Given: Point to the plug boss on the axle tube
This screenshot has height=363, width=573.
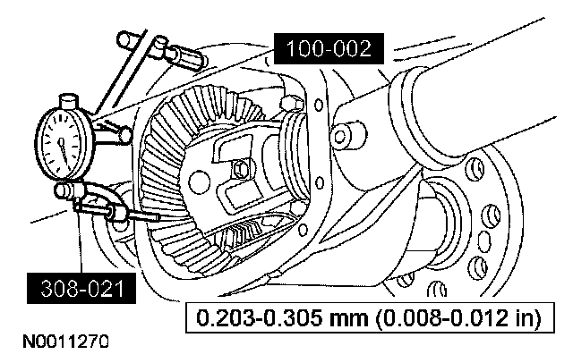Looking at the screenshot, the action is click(x=341, y=136).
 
